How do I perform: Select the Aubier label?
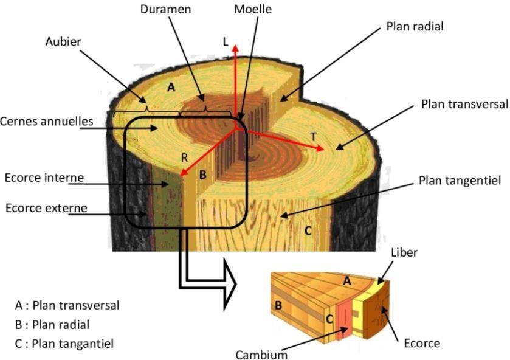click(x=63, y=41)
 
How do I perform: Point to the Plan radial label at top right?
click(x=415, y=26)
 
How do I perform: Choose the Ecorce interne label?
click(x=43, y=178)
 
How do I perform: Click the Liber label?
click(x=404, y=252)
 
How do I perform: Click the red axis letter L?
click(x=226, y=41)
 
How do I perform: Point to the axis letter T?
click(x=314, y=137)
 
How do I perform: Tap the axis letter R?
click(x=185, y=157)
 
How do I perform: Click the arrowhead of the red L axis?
click(x=236, y=48)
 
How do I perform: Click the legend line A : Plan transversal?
click(x=67, y=305)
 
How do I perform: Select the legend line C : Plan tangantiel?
click(x=65, y=344)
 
